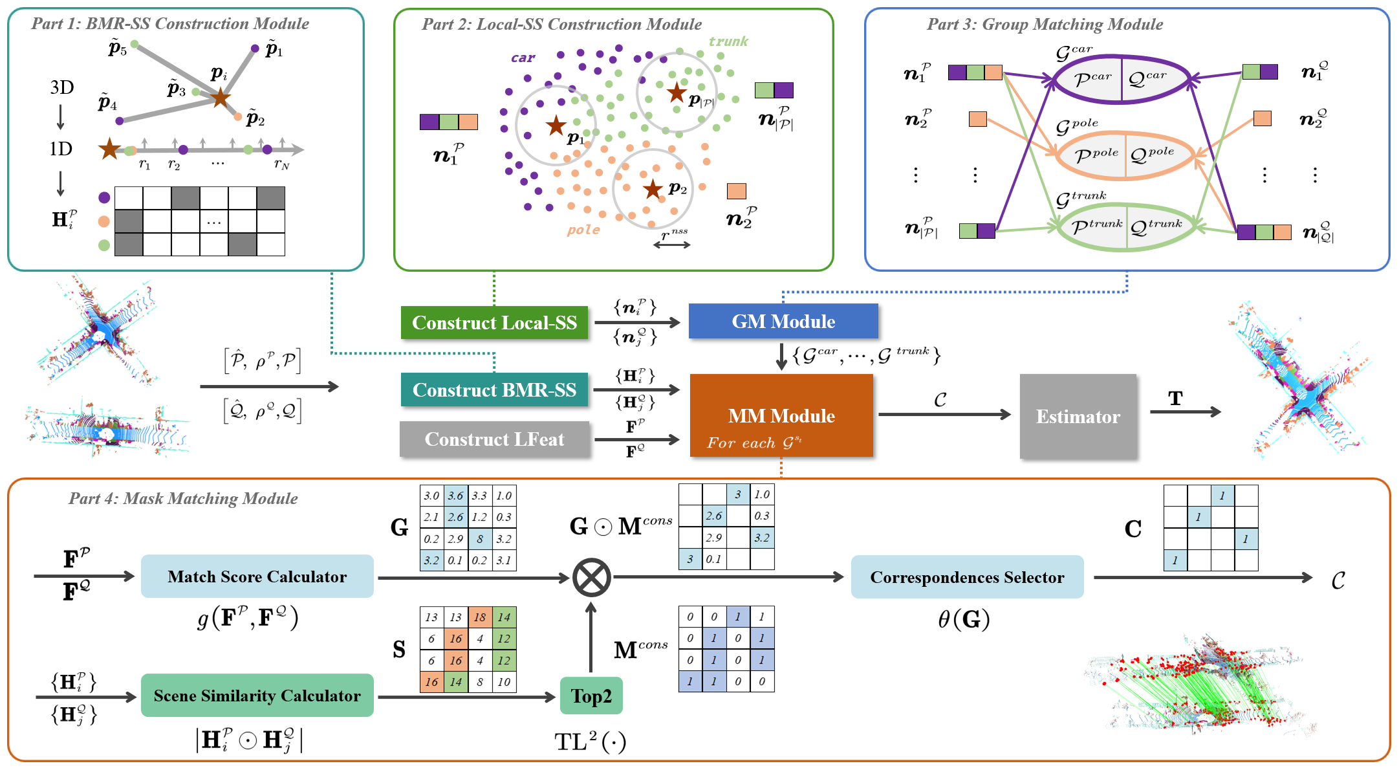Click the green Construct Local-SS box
pyautogui.click(x=494, y=322)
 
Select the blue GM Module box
pyautogui.click(x=783, y=322)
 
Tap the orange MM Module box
pyautogui.click(x=781, y=415)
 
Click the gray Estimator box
pyautogui.click(x=1078, y=417)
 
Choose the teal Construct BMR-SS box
pyautogui.click(x=494, y=389)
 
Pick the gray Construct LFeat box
pyautogui.click(x=494, y=439)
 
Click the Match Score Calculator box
pyautogui.click(x=257, y=576)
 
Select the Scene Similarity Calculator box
pyautogui.click(x=257, y=696)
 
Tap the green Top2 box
pyautogui.click(x=591, y=696)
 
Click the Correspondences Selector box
pyautogui.click(x=966, y=577)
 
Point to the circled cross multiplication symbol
pyautogui.click(x=591, y=577)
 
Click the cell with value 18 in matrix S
pyautogui.click(x=480, y=617)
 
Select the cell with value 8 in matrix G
pyautogui.click(x=480, y=539)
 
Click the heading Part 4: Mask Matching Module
pyautogui.click(x=183, y=498)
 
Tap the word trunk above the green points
pyautogui.click(x=728, y=42)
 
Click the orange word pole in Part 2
pyautogui.click(x=583, y=230)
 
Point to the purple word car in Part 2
pyautogui.click(x=523, y=58)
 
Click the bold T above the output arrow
pyautogui.click(x=1175, y=399)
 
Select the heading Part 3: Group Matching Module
pyautogui.click(x=1045, y=25)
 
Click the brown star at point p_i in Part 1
pyautogui.click(x=220, y=98)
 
